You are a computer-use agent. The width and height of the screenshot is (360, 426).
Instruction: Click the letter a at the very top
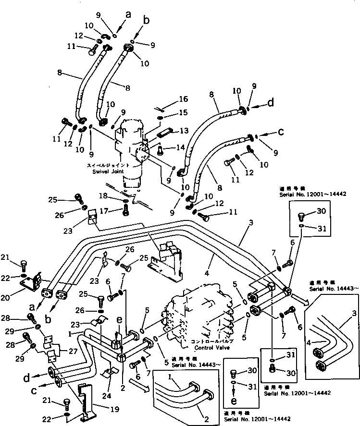click(x=128, y=15)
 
